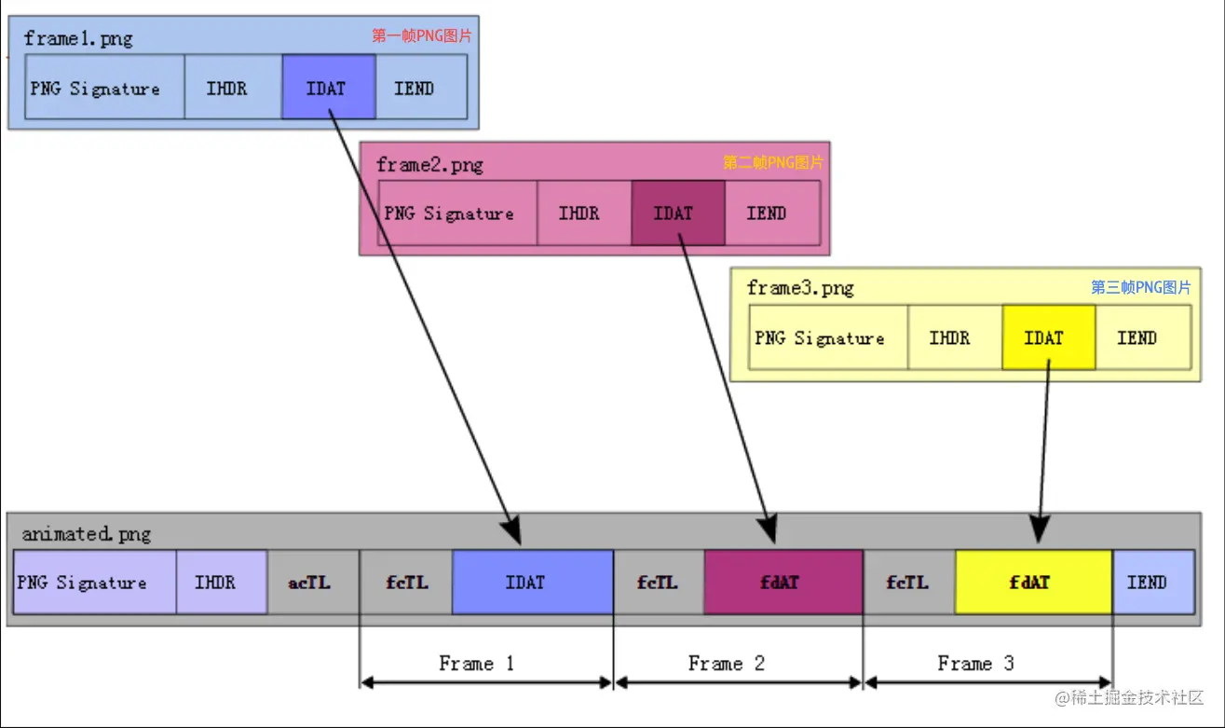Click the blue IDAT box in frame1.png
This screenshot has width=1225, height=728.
tap(328, 88)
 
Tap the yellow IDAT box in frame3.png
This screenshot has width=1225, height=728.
tap(1048, 337)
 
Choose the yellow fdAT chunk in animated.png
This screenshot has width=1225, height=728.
tap(1033, 583)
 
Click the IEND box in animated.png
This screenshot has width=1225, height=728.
tap(1152, 583)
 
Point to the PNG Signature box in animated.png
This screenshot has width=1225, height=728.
tap(94, 583)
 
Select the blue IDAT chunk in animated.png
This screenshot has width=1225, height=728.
tap(532, 583)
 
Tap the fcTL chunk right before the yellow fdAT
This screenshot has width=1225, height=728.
tap(909, 583)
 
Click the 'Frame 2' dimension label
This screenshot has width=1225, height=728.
tap(727, 664)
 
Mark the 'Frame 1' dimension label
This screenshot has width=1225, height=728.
tap(476, 664)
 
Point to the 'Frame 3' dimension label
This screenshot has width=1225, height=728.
tap(975, 664)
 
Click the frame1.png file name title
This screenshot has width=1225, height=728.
tap(78, 38)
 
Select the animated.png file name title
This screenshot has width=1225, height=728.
tap(86, 534)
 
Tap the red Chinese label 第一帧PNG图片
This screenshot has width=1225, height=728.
tap(422, 36)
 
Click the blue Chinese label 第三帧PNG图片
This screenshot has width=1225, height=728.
tap(1140, 287)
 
